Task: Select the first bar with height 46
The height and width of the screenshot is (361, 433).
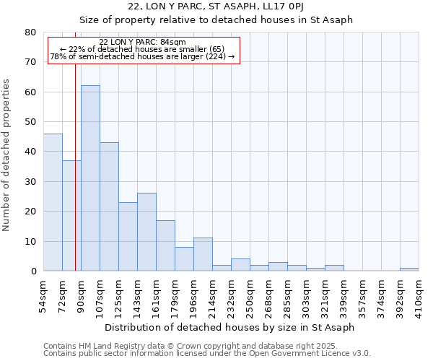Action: (53, 202)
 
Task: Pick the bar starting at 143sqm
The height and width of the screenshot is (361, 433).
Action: (146, 232)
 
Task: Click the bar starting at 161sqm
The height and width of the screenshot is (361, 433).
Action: (165, 245)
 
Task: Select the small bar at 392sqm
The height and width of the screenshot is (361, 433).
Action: (409, 269)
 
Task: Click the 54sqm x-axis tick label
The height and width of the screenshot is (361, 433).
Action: (43, 295)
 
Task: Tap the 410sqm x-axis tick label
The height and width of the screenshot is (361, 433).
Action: (419, 295)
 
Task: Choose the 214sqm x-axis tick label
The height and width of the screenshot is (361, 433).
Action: (212, 295)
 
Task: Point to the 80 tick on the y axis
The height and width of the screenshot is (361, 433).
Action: (30, 32)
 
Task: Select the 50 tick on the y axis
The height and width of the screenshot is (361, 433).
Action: (30, 122)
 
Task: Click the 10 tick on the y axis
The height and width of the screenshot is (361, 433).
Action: (30, 241)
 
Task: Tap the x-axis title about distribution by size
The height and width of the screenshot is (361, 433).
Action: (229, 327)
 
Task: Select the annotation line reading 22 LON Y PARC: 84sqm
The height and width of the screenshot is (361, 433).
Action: (142, 42)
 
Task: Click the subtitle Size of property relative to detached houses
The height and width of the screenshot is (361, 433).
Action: (216, 19)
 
